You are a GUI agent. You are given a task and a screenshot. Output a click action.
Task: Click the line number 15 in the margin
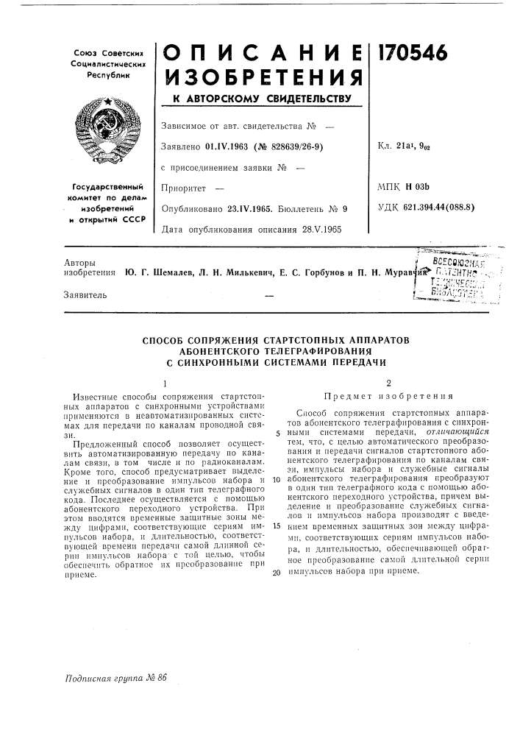point(276,526)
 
